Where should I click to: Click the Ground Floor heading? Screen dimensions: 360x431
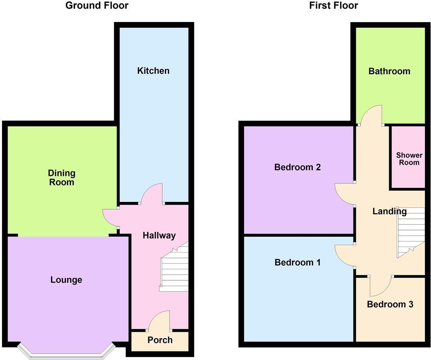[x=97, y=6]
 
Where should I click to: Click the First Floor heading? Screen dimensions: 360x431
[x=333, y=6]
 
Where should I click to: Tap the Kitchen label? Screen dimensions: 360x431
[x=153, y=71]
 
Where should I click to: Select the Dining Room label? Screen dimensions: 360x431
[x=61, y=178]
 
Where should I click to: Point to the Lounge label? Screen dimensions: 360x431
[x=66, y=280]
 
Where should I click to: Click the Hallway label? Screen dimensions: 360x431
[x=159, y=235]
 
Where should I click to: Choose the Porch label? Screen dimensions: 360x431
[x=160, y=340]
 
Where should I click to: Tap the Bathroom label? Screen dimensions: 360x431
[x=389, y=71]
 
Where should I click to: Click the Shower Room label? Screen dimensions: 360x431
[x=409, y=159]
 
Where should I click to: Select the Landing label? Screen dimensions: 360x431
[x=389, y=211]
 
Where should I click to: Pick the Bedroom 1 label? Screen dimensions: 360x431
[x=298, y=262]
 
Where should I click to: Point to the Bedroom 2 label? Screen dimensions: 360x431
[x=298, y=167]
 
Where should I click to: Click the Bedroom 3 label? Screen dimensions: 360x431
[x=390, y=304]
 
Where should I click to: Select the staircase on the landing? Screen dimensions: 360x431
[x=411, y=234]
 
